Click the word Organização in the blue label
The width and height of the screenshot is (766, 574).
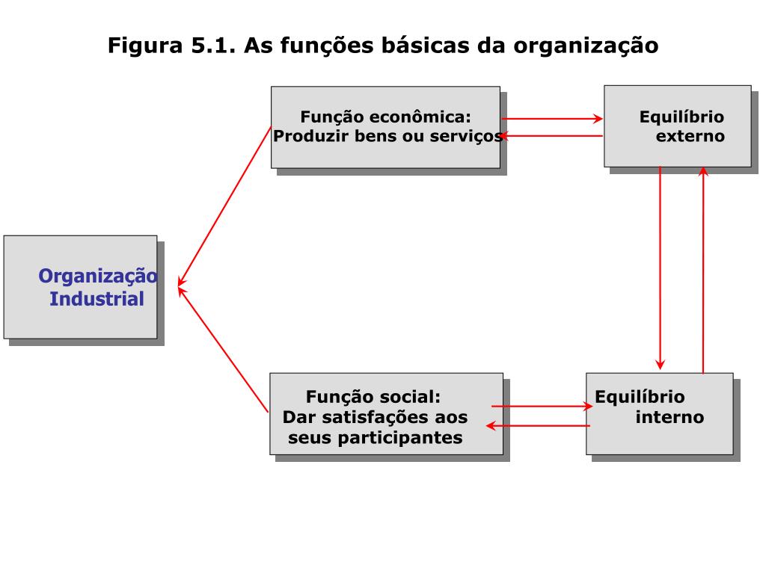tap(98, 277)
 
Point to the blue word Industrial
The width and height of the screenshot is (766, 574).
tap(96, 300)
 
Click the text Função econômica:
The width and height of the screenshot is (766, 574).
tap(385, 117)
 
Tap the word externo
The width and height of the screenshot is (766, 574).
tap(690, 137)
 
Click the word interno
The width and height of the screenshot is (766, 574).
tap(670, 417)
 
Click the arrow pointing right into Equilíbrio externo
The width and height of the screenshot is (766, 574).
tap(552, 119)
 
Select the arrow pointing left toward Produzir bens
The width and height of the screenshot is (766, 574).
tap(552, 136)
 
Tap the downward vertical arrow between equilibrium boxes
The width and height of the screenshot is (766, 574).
tap(660, 269)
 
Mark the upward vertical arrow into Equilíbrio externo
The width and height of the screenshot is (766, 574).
tap(703, 269)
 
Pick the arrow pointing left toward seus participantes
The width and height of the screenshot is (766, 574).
tap(539, 426)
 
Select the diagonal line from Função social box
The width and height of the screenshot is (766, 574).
tap(223, 348)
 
